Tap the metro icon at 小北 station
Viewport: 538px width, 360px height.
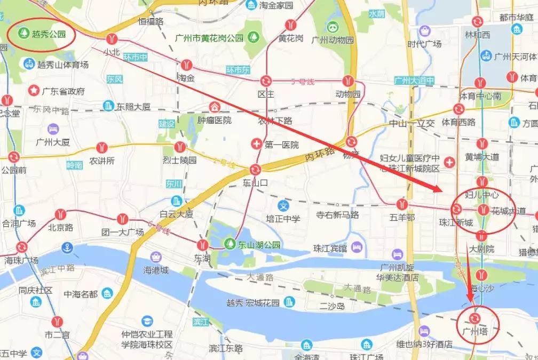click(x=112, y=38)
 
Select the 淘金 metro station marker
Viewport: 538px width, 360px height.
click(x=186, y=65)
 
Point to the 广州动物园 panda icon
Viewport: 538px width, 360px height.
click(x=333, y=27)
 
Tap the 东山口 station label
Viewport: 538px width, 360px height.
click(x=255, y=182)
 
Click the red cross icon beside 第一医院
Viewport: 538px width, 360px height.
click(x=257, y=144)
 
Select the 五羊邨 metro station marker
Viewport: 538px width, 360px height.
click(x=402, y=204)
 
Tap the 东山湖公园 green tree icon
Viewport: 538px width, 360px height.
click(x=230, y=245)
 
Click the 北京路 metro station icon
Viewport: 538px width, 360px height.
click(x=60, y=214)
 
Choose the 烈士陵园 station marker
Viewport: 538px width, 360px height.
click(x=180, y=147)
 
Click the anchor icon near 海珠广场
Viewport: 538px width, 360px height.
click(x=67, y=247)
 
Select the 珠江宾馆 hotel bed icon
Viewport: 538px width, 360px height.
click(x=357, y=247)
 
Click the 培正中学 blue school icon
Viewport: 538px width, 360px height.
click(x=284, y=205)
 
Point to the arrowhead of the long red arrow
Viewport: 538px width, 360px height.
click(x=441, y=190)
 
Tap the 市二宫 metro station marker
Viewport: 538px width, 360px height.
click(x=58, y=322)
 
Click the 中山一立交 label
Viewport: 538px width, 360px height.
click(x=411, y=123)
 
